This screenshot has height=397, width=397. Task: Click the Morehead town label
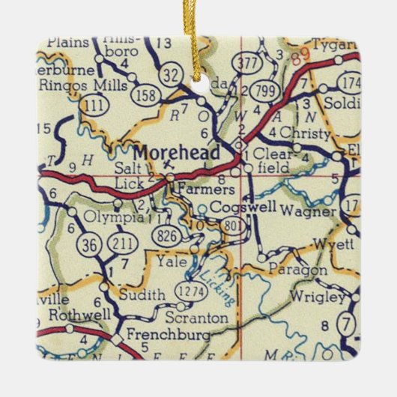177,154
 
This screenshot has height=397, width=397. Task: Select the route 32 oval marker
170,75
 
